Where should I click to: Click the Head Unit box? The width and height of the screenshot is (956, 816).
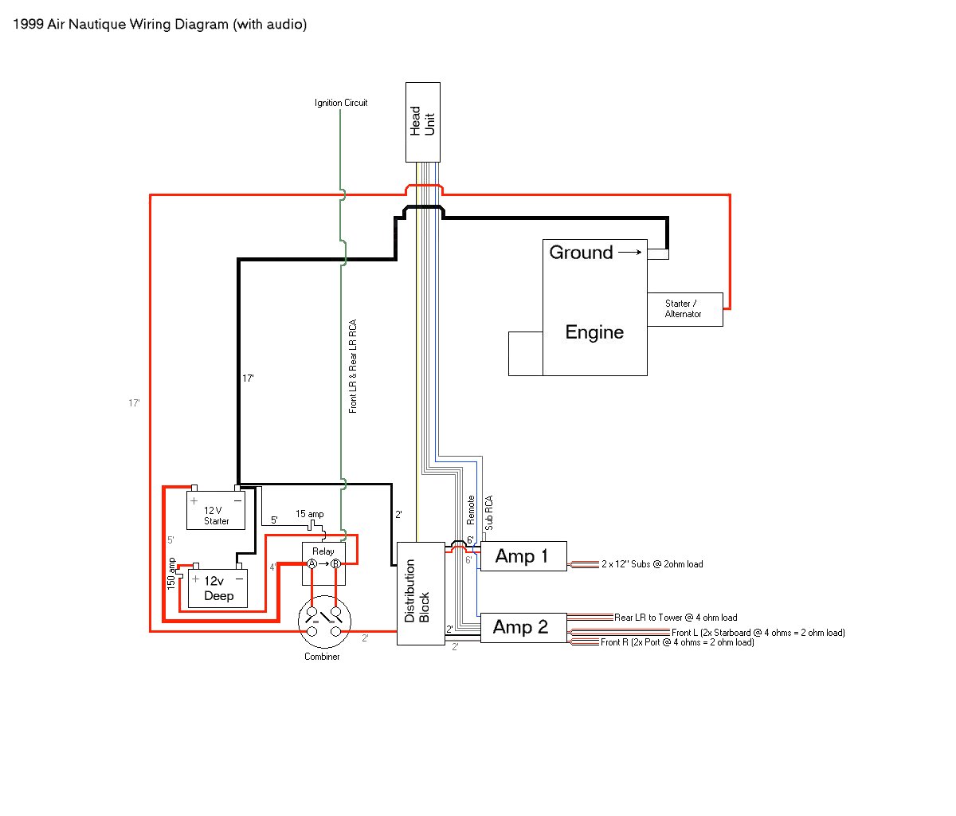[423, 122]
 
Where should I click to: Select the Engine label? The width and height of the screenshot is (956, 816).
[594, 332]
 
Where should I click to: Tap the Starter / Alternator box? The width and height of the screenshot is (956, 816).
[685, 309]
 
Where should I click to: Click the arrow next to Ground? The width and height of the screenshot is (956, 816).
[630, 252]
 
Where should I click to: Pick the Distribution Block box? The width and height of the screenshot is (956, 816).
[421, 594]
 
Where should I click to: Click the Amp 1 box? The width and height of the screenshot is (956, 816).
[523, 556]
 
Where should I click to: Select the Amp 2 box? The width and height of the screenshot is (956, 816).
[523, 628]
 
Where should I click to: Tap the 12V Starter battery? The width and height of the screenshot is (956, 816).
[216, 510]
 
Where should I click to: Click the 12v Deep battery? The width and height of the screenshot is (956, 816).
[217, 588]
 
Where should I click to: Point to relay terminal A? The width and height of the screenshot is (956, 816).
[312, 563]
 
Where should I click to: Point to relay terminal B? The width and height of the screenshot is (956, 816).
[335, 563]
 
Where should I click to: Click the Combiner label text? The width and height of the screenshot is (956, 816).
[322, 657]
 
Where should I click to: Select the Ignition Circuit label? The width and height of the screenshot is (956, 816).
[341, 103]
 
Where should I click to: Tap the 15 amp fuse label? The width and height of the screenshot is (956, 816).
[309, 514]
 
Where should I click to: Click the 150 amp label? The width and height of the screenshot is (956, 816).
[171, 574]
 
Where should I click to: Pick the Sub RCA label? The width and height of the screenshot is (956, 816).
[489, 513]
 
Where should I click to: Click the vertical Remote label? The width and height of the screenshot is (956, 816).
[471, 510]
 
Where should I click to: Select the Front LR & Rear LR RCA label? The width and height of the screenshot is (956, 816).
[353, 367]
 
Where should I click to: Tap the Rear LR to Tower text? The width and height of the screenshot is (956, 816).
[648, 618]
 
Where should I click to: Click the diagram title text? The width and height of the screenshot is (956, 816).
[159, 24]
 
